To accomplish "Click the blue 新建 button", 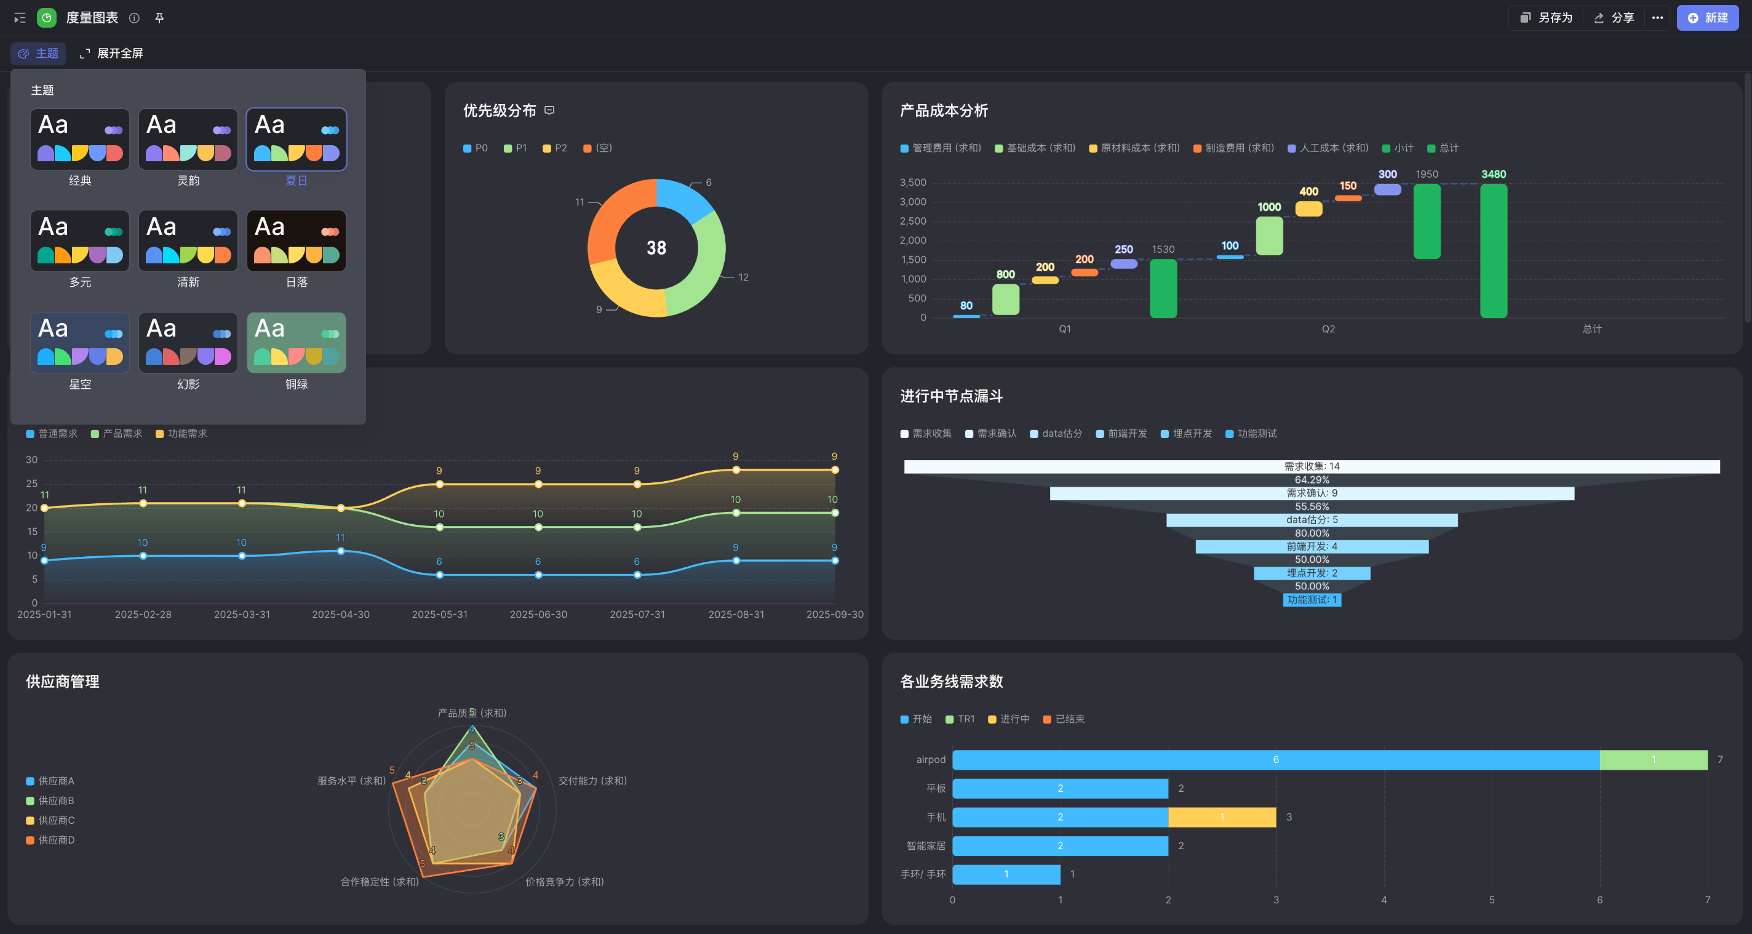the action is (x=1707, y=18).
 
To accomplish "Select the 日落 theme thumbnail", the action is (x=296, y=241).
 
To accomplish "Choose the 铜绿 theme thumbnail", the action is (x=296, y=343).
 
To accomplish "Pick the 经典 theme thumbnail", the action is (x=79, y=139).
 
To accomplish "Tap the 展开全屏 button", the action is (x=111, y=53).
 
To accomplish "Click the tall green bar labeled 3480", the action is (x=1494, y=250).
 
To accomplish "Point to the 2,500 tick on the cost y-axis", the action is (x=913, y=221).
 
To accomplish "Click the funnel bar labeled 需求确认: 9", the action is (x=1312, y=493).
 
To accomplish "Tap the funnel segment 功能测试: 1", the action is (x=1312, y=600).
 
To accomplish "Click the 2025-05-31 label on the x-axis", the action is (x=439, y=614).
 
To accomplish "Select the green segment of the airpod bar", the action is (x=1654, y=760).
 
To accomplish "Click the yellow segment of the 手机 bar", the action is (x=1222, y=817).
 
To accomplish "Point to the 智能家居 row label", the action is (x=926, y=845).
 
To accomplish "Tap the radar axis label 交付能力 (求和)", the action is (x=592, y=781).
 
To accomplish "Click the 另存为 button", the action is (x=1547, y=18).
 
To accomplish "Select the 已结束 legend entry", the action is (x=1064, y=719).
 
